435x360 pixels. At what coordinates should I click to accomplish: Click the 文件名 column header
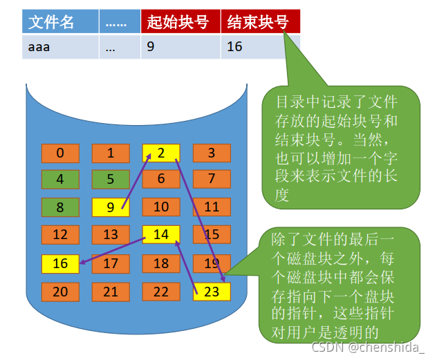pyautogui.click(x=59, y=22)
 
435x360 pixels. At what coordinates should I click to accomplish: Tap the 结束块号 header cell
pyautogui.click(x=261, y=22)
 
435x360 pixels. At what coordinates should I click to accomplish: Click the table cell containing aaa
pyautogui.click(x=59, y=46)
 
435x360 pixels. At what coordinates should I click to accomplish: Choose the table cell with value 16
pyautogui.click(x=261, y=46)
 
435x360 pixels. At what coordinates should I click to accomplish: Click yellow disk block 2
pyautogui.click(x=161, y=153)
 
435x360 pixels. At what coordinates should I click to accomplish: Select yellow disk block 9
pyautogui.click(x=111, y=207)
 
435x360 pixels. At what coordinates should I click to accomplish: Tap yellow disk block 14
pyautogui.click(x=161, y=235)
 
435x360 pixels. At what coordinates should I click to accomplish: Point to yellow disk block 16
pyautogui.click(x=60, y=263)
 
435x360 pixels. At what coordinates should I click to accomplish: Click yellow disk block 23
pyautogui.click(x=212, y=291)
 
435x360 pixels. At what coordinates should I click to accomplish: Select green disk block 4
pyautogui.click(x=60, y=180)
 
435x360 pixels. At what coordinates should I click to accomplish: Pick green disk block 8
pyautogui.click(x=60, y=207)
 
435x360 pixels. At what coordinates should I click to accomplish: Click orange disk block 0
pyautogui.click(x=60, y=153)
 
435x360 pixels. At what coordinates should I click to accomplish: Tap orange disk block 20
pyautogui.click(x=60, y=291)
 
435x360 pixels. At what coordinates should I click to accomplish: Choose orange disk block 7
pyautogui.click(x=212, y=180)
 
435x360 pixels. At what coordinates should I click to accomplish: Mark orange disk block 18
pyautogui.click(x=161, y=263)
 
